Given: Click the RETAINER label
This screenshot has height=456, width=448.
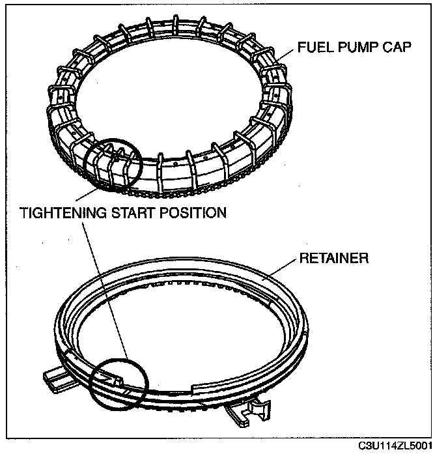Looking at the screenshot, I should pyautogui.click(x=333, y=259).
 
